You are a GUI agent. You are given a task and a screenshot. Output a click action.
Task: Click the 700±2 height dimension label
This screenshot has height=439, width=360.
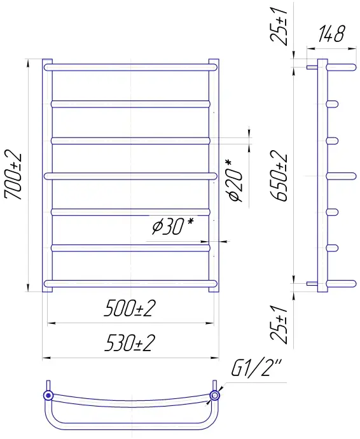tap(13, 176)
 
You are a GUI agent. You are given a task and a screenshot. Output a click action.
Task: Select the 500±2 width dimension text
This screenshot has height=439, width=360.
tap(130, 308)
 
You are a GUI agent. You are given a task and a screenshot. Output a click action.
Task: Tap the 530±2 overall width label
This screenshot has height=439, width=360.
tap(130, 343)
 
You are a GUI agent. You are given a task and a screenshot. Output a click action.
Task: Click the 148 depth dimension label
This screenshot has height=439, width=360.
tap(331, 34)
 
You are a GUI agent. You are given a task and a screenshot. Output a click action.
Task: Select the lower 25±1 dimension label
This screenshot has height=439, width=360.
tap(279, 324)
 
